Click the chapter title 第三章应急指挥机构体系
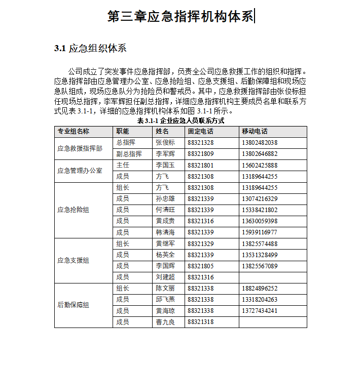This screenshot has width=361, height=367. coord(181,16)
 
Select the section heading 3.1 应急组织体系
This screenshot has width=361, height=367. coord(90,49)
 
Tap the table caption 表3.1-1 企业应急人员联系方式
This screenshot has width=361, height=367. coord(181,121)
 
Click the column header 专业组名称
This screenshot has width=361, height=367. coord(74,132)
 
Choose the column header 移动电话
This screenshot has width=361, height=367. coord(255,132)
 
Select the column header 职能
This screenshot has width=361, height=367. coord(123,132)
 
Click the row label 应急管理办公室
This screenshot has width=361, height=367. coord(80,171)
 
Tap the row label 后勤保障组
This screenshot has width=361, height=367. coord(74,305)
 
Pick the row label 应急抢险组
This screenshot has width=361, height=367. coord(74,210)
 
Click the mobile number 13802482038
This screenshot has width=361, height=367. coord(260,143)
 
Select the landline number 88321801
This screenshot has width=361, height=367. coord(200,165)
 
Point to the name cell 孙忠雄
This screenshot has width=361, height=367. coord(165,198)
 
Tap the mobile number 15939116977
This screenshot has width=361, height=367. coord(260,232)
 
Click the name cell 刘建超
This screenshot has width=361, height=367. coord(165,277)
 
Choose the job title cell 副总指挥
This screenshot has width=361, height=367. coord(129,154)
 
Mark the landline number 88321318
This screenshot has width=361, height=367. coord(200,322)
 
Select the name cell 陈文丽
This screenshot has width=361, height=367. coord(165,289)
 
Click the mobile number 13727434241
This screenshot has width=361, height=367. coord(260,311)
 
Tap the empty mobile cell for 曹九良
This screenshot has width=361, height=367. coord(273,322)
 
